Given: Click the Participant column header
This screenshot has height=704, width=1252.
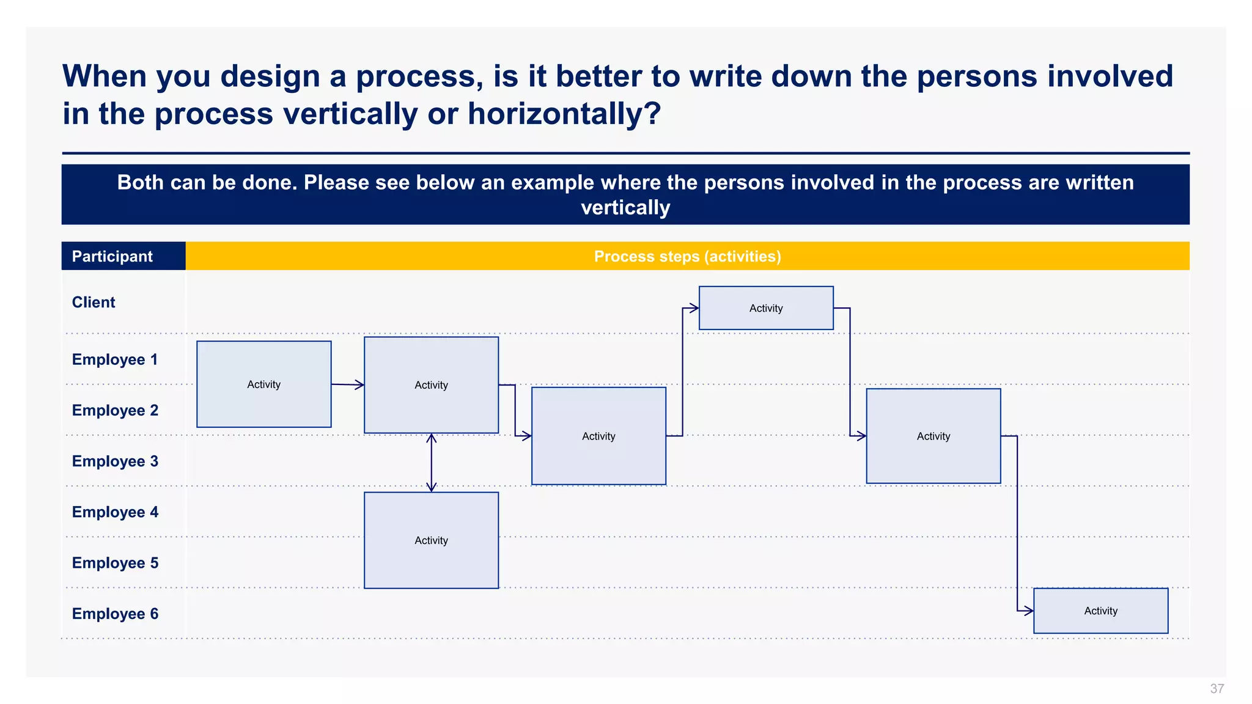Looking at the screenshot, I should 112,256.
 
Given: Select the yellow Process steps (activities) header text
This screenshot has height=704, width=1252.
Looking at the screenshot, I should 687,256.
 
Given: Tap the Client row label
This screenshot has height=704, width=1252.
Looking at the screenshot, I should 94,302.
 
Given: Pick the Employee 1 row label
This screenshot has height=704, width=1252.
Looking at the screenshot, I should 115,359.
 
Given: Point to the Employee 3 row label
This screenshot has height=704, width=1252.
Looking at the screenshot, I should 115,461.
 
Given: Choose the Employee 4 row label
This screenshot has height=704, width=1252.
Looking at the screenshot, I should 115,512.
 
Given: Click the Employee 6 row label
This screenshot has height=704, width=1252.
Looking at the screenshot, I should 115,614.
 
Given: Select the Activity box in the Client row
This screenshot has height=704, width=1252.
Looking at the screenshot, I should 765,308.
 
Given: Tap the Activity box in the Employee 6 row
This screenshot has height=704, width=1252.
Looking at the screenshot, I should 1100,610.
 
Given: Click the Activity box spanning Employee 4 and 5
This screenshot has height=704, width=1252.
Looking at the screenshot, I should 431,540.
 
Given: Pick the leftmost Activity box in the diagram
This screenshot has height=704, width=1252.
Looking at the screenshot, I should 263,384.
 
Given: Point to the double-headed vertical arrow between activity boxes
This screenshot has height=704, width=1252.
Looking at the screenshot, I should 431,463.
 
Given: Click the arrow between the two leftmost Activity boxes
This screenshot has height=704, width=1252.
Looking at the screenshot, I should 347,384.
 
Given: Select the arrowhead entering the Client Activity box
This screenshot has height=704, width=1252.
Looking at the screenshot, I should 693,308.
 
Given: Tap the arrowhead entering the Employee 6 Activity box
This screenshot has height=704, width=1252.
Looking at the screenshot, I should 1028,610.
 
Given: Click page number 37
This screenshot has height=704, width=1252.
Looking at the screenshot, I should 1217,689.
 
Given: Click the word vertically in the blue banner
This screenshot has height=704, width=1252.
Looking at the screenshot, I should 625,208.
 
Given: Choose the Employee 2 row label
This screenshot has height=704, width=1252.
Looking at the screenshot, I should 115,410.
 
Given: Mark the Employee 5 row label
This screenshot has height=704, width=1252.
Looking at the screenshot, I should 115,563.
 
